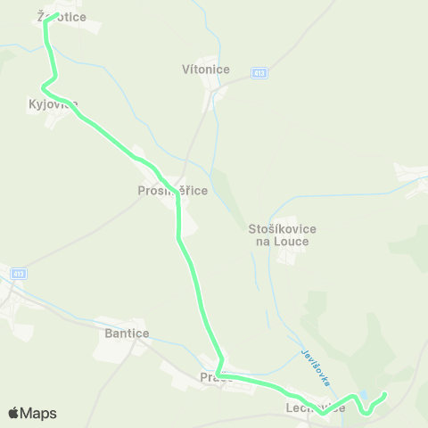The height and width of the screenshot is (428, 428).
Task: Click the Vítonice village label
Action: pos(205,69)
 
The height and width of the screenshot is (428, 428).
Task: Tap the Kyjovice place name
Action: pos(53,103)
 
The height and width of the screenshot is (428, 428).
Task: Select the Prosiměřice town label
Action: pos(173,190)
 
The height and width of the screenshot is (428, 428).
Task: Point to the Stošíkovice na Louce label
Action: pos(282,235)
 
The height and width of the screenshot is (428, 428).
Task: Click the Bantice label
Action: pos(127,333)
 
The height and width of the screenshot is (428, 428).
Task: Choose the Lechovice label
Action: pos(315,407)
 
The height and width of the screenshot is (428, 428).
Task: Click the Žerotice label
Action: pos(54,16)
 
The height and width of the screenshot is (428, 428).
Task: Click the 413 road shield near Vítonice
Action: pos(259,72)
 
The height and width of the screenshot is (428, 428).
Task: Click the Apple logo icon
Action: pos(13,413)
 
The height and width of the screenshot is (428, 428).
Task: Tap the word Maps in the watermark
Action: pos(38,413)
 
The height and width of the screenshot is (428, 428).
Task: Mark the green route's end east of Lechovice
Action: pos(385,394)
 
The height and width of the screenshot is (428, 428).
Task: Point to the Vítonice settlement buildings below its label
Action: pos(214,94)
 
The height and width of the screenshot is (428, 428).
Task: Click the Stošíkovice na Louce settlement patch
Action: pos(288,257)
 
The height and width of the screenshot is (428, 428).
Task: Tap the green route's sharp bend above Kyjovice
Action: pos(42,86)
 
